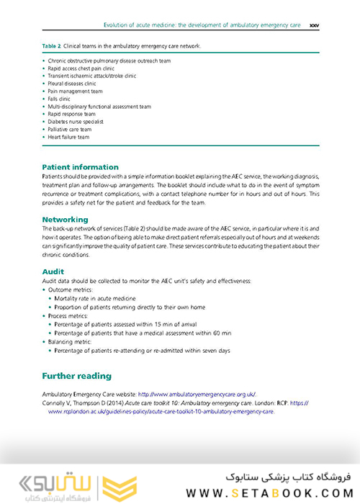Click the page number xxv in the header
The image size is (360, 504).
click(314, 24)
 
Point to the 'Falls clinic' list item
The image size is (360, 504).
click(66, 99)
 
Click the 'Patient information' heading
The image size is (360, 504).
click(80, 167)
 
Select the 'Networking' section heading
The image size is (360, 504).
click(65, 219)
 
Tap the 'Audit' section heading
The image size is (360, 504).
click(53, 271)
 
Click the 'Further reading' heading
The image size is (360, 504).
click(76, 376)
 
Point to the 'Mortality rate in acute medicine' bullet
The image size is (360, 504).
click(101, 297)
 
